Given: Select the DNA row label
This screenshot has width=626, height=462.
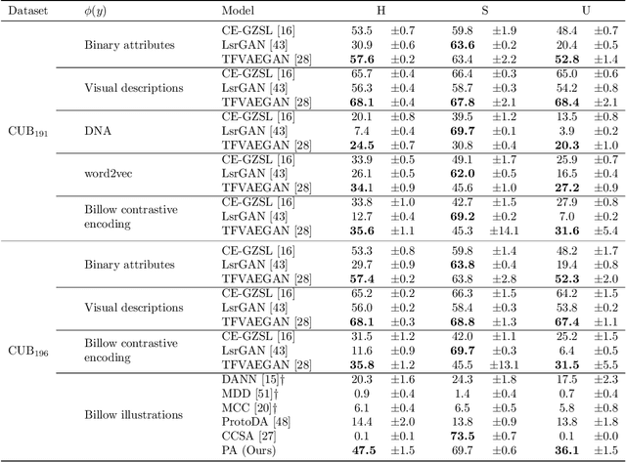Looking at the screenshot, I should tap(95, 130).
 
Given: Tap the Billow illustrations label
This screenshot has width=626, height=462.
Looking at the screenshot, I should tap(133, 414).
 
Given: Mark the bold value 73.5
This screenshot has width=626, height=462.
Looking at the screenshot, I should tap(463, 436).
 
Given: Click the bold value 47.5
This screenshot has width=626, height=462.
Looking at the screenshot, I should tap(362, 449).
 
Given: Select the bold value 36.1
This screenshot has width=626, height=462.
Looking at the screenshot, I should tap(567, 449).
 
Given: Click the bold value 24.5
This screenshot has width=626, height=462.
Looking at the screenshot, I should tap(362, 145).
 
